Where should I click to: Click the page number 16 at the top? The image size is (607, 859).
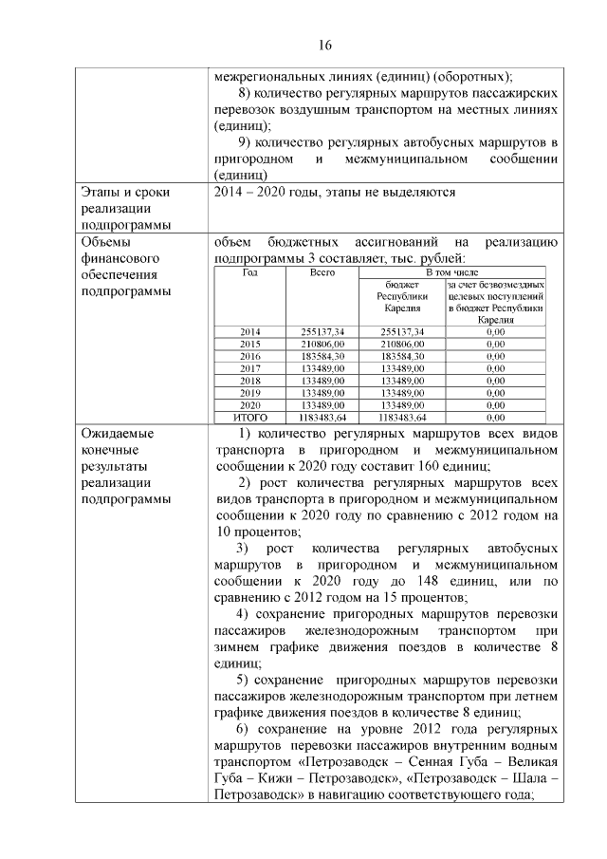click(324, 45)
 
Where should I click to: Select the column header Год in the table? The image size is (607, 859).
click(250, 272)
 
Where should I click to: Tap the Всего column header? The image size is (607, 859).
click(322, 272)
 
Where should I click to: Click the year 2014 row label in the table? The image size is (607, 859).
click(250, 331)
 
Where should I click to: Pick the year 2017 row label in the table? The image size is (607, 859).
click(250, 368)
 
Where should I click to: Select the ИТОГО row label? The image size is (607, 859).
click(250, 417)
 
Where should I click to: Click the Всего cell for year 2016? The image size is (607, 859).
click(322, 356)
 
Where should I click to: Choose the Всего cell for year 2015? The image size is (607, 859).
click(322, 344)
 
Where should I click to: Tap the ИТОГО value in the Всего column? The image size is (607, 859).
click(322, 417)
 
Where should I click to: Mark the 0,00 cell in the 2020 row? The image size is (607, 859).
click(494, 404)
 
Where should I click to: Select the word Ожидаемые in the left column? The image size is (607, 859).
click(119, 434)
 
